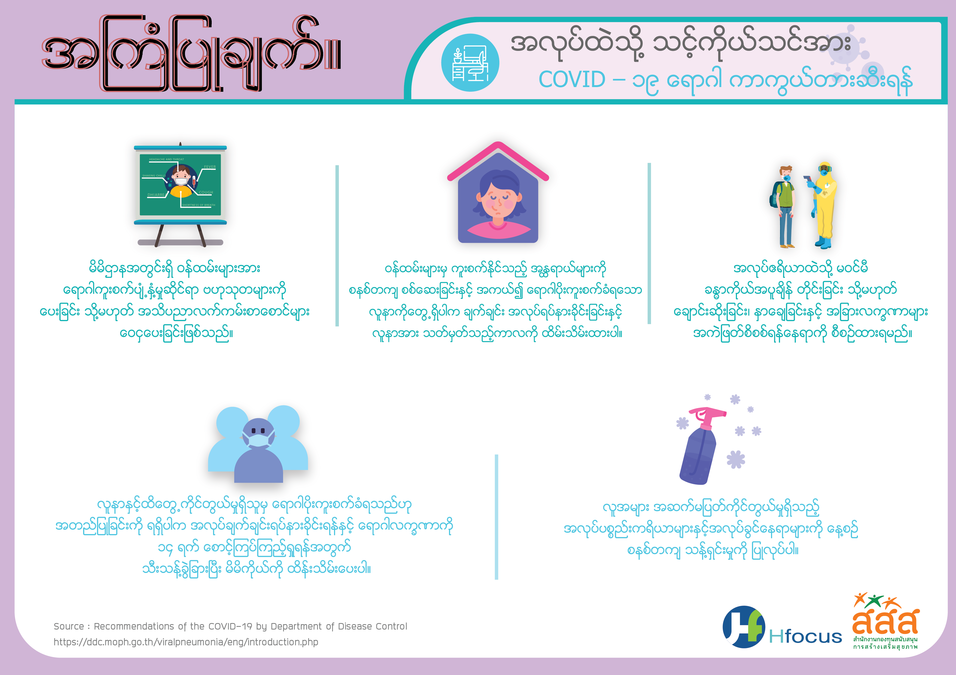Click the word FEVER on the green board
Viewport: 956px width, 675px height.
(210, 167)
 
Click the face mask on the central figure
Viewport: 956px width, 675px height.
(259, 439)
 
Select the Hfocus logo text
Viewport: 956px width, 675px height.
(805, 637)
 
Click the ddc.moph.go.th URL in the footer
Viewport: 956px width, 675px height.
(186, 642)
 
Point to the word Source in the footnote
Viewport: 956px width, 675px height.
(69, 626)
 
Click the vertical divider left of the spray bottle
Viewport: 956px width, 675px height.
(496, 517)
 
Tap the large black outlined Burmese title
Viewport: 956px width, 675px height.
(192, 54)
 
